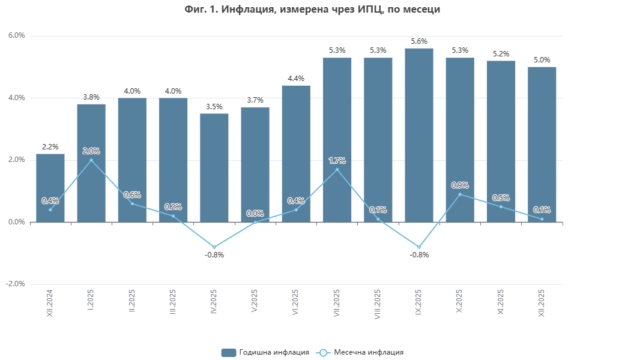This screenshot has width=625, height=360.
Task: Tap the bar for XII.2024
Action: [50, 180]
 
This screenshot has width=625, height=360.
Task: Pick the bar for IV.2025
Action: [214, 168]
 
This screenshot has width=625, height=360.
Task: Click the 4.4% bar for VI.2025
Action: [296, 150]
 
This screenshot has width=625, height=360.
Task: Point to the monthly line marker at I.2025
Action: [91, 160]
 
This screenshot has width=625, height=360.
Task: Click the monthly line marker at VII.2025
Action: [337, 169]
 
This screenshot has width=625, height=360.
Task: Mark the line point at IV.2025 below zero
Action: [214, 247]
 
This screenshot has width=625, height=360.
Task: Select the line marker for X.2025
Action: [460, 194]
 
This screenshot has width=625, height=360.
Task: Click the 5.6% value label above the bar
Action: [419, 41]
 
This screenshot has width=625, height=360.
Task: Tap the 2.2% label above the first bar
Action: [50, 147]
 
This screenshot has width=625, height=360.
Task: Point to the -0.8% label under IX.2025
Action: [419, 255]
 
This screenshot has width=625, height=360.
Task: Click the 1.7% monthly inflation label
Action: [337, 160]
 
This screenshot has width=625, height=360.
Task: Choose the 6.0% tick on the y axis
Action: [17, 36]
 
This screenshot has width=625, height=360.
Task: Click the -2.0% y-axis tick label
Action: [16, 284]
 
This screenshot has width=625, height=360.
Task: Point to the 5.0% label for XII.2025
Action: [542, 60]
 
